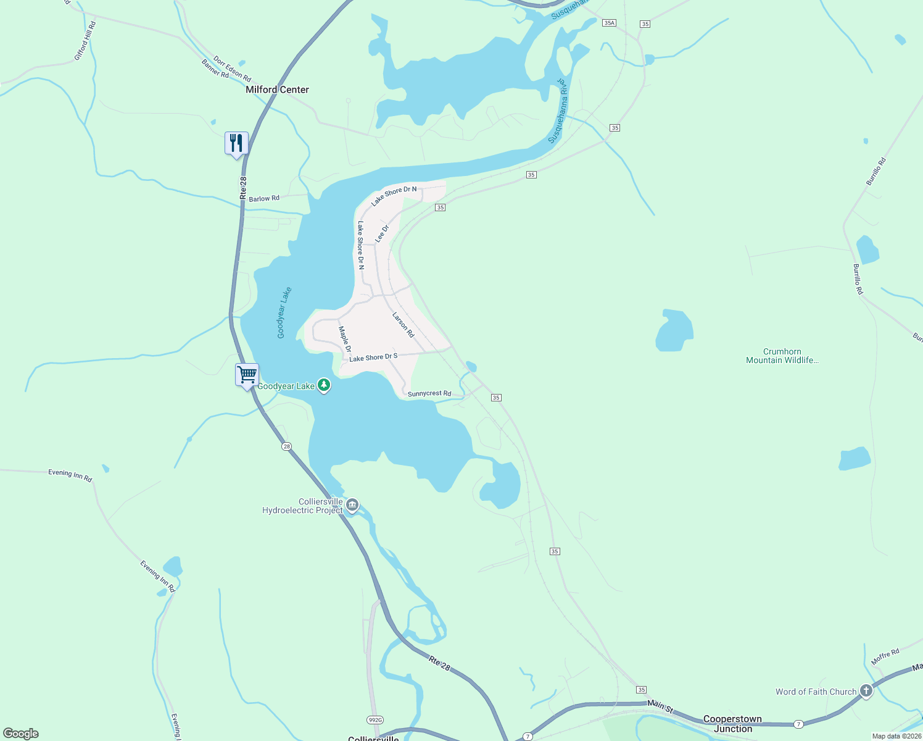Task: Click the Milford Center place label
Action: tap(277, 90)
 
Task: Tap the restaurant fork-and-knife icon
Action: tap(236, 143)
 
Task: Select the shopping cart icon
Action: tap(247, 375)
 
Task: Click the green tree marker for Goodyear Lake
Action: tap(324, 386)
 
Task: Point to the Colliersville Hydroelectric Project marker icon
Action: tap(352, 506)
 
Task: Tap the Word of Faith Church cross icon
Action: tap(866, 691)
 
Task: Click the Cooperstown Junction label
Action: tap(732, 724)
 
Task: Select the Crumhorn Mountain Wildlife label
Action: tap(782, 356)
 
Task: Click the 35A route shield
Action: tap(609, 23)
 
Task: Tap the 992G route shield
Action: tap(375, 720)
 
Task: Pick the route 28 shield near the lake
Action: tap(286, 446)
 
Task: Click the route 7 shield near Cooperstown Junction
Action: tap(798, 724)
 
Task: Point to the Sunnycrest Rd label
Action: tap(429, 393)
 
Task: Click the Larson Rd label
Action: tap(404, 324)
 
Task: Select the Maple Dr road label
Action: tap(345, 339)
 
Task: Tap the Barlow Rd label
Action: tap(264, 199)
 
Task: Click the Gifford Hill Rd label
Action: tap(85, 41)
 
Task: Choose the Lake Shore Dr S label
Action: tap(373, 358)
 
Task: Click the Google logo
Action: tap(21, 734)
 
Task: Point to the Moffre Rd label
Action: tap(885, 656)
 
